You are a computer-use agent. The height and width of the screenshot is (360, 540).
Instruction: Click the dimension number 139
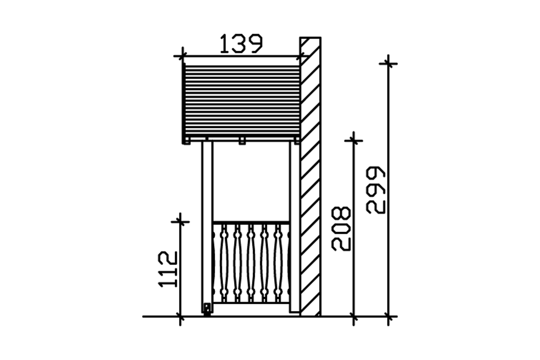(x=241, y=44)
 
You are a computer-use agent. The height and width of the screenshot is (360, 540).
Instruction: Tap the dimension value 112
(x=168, y=270)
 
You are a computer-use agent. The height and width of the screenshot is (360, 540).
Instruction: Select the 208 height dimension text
(x=341, y=229)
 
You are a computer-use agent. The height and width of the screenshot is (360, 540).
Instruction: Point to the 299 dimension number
(x=375, y=190)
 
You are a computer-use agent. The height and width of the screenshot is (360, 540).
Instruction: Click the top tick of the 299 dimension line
(x=388, y=63)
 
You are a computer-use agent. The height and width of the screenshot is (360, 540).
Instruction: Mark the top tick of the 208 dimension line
(x=354, y=140)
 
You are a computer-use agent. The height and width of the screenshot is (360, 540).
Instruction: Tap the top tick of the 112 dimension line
(x=180, y=222)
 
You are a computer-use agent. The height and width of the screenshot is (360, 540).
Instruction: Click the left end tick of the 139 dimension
(x=183, y=56)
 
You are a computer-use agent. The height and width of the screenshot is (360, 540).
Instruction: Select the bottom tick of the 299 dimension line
(x=388, y=316)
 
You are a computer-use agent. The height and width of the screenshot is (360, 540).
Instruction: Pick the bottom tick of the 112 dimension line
(x=180, y=316)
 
